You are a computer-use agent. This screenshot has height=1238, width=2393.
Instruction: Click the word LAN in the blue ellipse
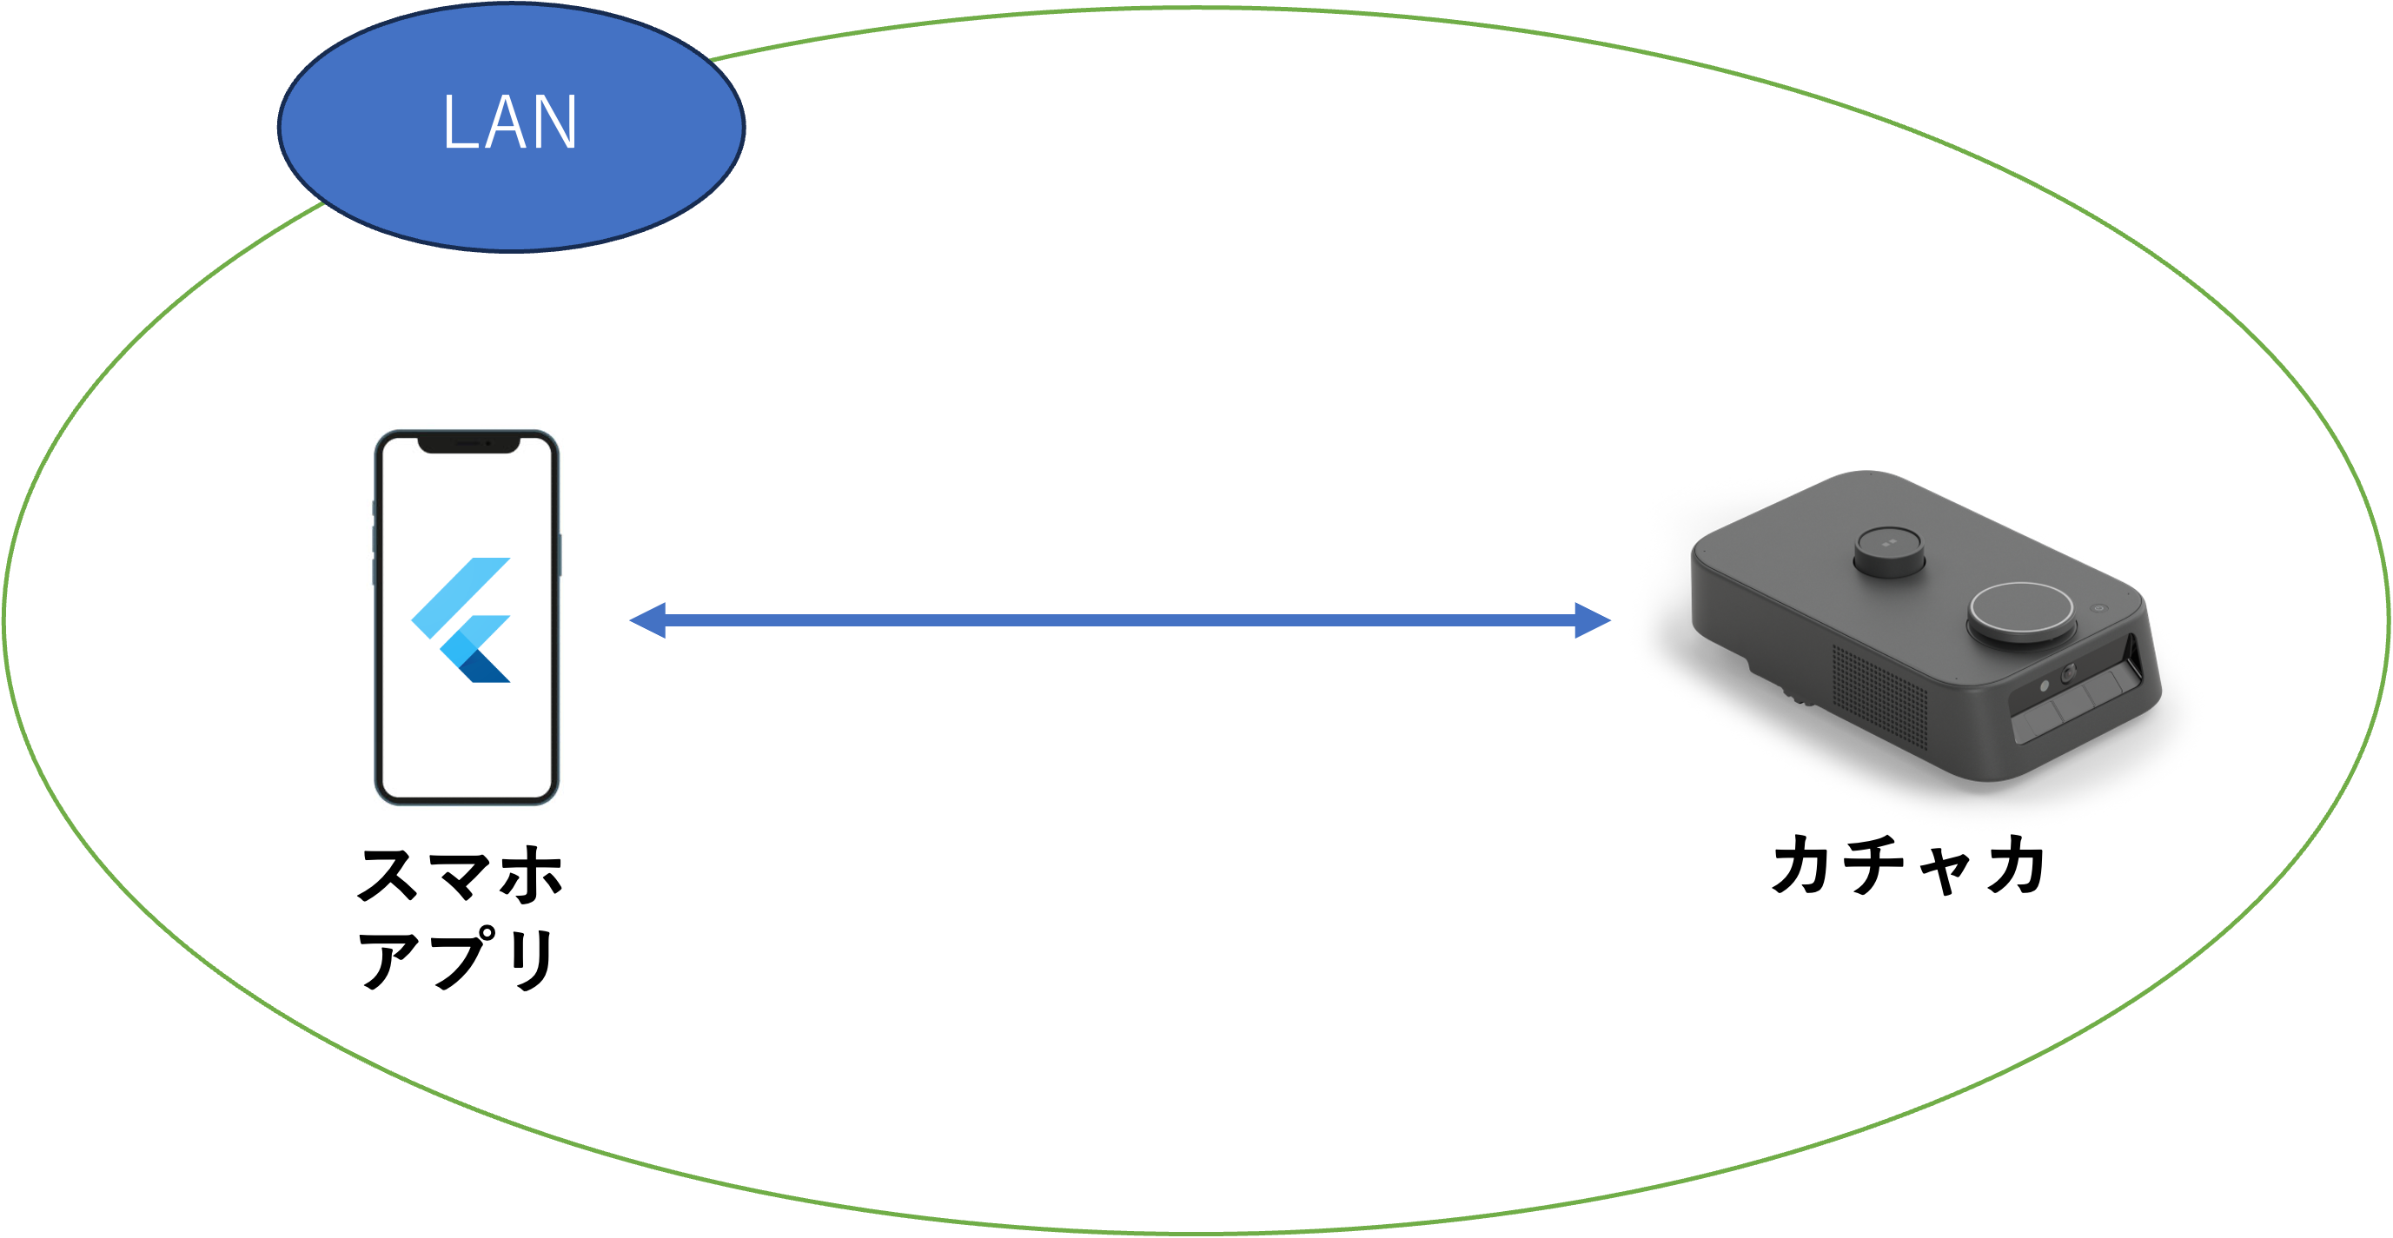click(x=510, y=122)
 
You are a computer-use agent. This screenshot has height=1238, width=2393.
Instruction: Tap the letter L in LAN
click(x=459, y=122)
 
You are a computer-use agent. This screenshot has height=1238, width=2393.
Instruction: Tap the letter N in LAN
click(x=554, y=122)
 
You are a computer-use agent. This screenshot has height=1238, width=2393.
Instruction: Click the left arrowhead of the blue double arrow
click(x=649, y=619)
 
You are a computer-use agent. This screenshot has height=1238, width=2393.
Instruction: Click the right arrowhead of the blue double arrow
click(x=1591, y=619)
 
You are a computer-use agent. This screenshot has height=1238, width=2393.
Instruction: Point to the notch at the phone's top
click(x=467, y=444)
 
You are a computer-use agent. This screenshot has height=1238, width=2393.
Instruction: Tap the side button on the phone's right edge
click(x=560, y=554)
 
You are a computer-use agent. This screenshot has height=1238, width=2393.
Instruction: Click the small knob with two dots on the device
click(x=1887, y=553)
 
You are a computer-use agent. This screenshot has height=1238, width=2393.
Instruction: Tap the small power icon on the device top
click(x=2098, y=607)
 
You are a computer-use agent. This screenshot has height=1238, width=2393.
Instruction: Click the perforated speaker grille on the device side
click(x=1879, y=697)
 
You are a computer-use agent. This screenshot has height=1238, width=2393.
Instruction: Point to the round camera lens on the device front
click(x=2069, y=673)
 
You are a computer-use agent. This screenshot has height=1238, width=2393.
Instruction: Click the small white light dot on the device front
click(x=2044, y=685)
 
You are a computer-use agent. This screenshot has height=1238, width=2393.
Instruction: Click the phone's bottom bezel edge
click(x=467, y=799)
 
